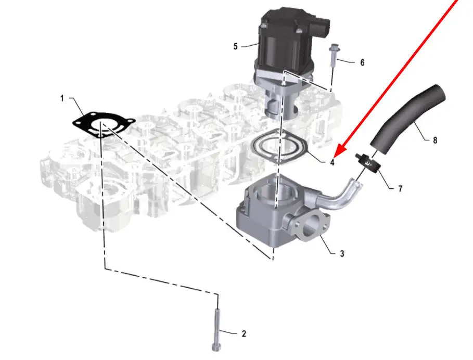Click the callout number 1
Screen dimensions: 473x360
click(x=62, y=98)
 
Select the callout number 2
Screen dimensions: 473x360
click(x=244, y=334)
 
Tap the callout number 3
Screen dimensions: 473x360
click(x=342, y=253)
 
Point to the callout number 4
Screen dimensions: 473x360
click(x=332, y=162)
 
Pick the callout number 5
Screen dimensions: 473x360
click(x=235, y=46)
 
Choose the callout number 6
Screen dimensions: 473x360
click(x=362, y=62)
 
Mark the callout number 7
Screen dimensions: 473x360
click(x=400, y=189)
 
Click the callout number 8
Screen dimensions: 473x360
click(x=434, y=140)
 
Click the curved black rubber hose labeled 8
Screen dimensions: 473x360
click(x=408, y=117)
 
